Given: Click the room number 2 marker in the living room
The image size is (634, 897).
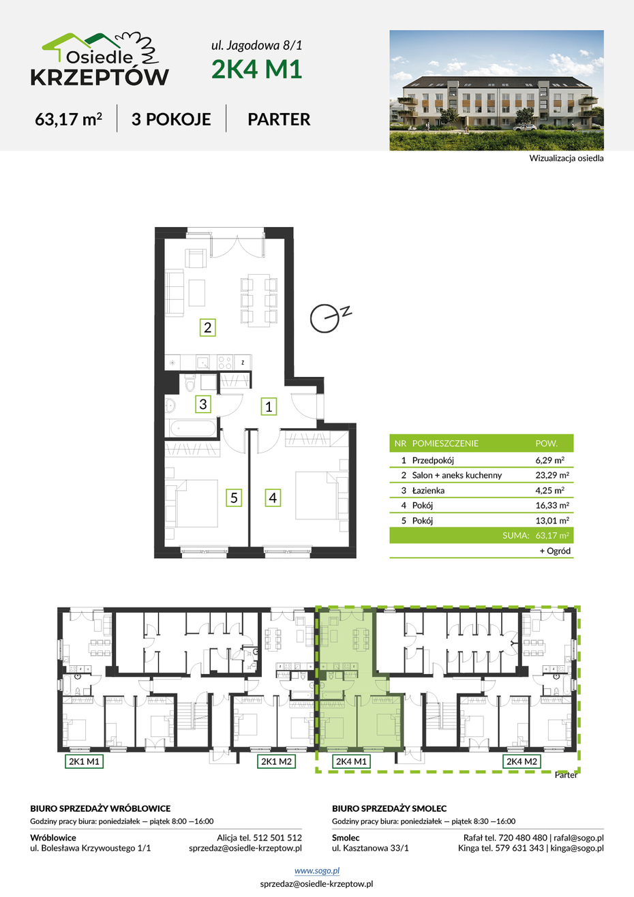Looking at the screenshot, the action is [x=207, y=327].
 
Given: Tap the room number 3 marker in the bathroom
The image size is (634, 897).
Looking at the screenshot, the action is [x=203, y=404].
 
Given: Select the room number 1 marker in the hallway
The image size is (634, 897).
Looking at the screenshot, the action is [x=269, y=406].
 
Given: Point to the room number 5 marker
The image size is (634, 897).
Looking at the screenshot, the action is [x=234, y=498].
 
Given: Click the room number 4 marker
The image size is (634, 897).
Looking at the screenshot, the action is [x=273, y=498].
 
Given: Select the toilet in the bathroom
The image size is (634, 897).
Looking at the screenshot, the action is [x=190, y=383].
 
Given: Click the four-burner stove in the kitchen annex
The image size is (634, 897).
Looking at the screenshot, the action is [x=225, y=363].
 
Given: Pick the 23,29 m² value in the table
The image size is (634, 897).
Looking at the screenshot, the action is [x=552, y=475].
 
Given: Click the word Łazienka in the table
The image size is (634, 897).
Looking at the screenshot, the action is [x=428, y=491].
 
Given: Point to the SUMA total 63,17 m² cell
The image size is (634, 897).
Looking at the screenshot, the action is [x=552, y=535].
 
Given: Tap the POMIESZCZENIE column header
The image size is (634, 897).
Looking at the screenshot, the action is [x=445, y=443].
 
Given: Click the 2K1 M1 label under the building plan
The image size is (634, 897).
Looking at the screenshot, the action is [x=84, y=761].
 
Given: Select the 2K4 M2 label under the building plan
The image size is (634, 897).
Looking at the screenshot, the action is [x=522, y=761].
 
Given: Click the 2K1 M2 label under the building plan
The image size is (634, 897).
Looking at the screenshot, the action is [x=276, y=761].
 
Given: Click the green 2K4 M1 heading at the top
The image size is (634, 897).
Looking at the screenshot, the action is [x=256, y=69].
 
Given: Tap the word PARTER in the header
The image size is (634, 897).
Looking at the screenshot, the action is [x=279, y=119].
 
